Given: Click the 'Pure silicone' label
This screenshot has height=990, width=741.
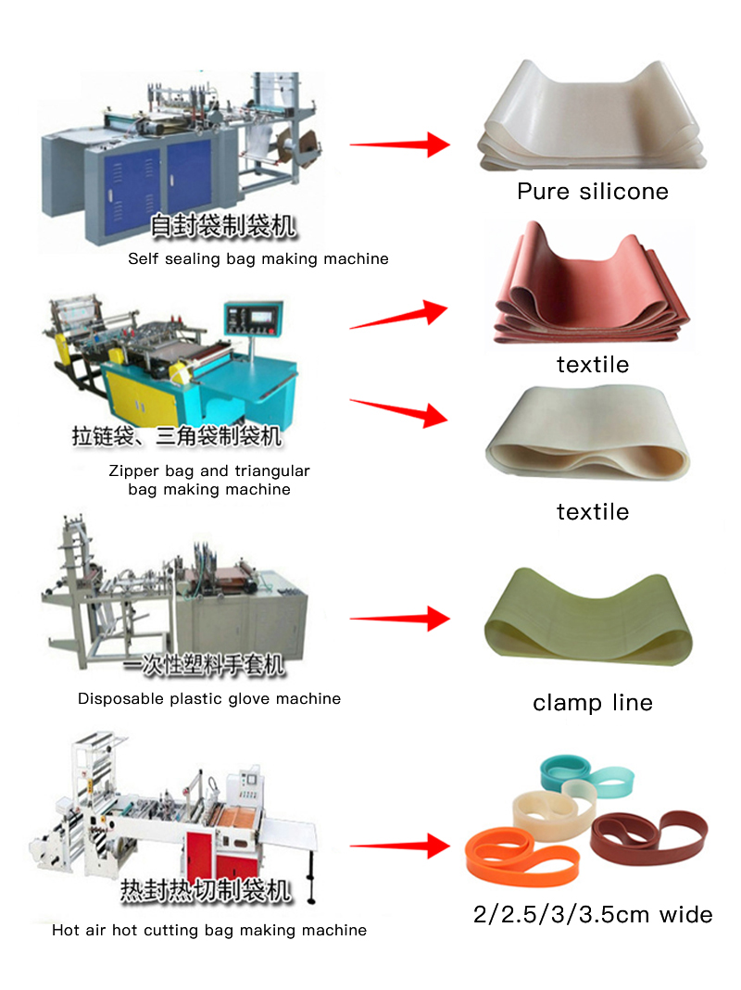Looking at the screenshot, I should pos(592,192).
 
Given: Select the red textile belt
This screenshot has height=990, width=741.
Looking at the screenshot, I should pos(591,287).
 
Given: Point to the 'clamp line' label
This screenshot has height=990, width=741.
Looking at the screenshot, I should pos(592,703).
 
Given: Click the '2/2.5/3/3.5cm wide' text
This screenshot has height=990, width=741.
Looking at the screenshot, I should pos(592,915).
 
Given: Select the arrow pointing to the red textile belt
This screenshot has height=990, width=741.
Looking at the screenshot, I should pos(398,316).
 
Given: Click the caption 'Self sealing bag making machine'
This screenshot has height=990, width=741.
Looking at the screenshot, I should pos(257,259).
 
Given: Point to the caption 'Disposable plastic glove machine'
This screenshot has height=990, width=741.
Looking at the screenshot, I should pos(208,699).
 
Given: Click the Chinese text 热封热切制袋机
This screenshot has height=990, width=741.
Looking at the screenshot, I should pos(206,891).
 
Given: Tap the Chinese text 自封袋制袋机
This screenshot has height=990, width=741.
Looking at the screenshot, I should pos(223,225).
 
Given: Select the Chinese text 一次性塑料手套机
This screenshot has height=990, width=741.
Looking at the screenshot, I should pos(205,664).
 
